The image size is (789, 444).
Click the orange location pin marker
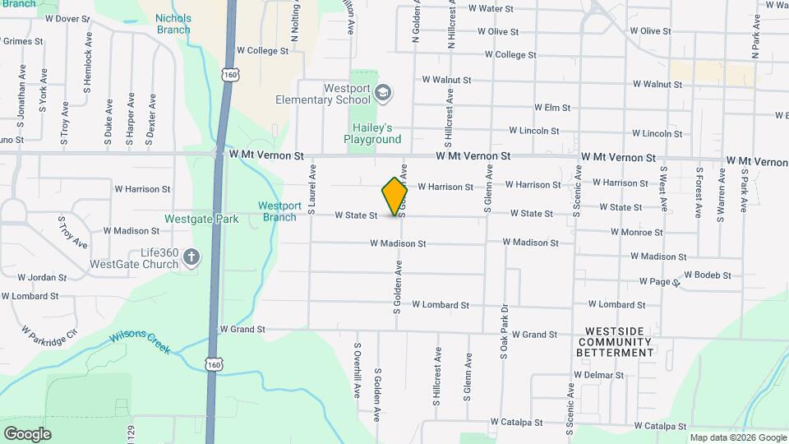pos(395,197)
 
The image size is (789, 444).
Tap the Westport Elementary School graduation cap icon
pos(383,91)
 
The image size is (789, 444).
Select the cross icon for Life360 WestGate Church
pos(191,258)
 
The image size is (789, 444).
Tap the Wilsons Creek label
pos(140,342)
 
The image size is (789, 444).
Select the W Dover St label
pos(67,18)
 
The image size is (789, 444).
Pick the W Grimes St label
pos(21,40)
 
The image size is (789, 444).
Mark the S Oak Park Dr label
pos(504,333)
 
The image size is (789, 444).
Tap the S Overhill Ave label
pos(358,370)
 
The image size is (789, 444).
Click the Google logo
pos(27,433)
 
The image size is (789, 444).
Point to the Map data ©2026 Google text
pos(736,437)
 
